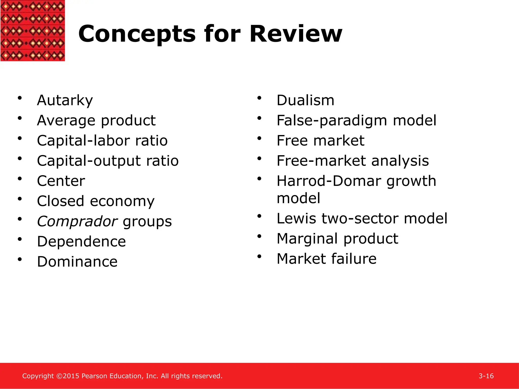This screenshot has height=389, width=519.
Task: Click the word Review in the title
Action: coord(296,34)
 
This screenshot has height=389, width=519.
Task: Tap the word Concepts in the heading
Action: coord(137,34)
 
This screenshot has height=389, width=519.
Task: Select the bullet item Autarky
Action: coord(65,100)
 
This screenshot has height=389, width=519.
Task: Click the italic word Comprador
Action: coord(77,221)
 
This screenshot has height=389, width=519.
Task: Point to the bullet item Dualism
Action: coord(305,100)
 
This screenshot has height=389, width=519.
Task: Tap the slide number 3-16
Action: coord(486,376)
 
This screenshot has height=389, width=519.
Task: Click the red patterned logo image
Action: coord(32,30)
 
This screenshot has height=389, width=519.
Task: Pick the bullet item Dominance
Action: coord(77,262)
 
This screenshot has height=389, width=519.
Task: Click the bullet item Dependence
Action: coord(81,242)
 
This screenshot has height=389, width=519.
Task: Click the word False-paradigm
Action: coord(332,121)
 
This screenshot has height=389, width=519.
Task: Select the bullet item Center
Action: coord(61,181)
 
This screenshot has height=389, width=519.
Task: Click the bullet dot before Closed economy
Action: coord(20,199)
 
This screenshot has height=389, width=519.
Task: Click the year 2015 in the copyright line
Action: coord(71,376)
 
